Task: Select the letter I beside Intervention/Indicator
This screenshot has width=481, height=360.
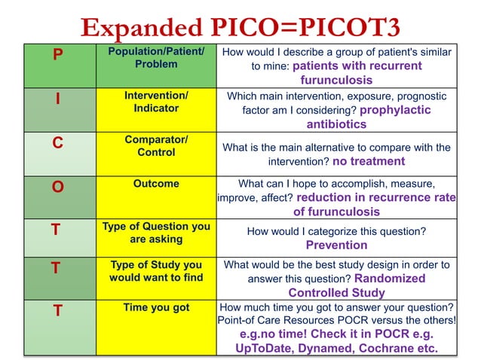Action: point(57,100)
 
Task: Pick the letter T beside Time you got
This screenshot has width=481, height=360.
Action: point(57,310)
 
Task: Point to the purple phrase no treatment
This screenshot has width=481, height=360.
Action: point(369,161)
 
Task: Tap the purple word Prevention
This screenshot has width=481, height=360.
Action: point(336,245)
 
